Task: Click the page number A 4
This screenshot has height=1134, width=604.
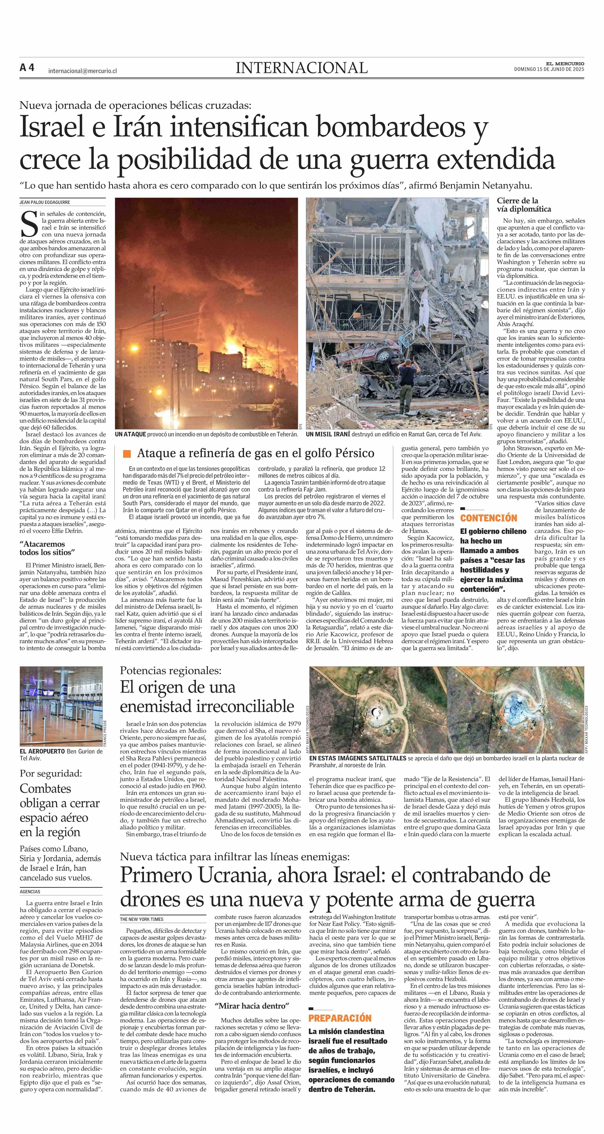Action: [x=27, y=68]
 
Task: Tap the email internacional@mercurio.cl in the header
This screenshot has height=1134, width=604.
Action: [x=82, y=70]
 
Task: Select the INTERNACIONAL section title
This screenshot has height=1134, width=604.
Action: [x=302, y=68]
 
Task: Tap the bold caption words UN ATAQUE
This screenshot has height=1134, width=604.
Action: [x=130, y=434]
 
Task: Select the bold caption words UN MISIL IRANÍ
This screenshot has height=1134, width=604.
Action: [x=328, y=434]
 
